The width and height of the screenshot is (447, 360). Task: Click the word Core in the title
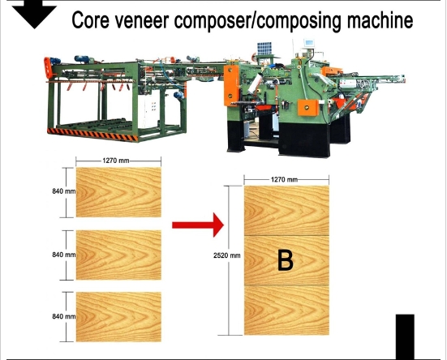click(x=90, y=20)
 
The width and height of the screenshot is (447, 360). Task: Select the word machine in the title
click(x=380, y=19)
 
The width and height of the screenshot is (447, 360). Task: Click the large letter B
click(x=285, y=260)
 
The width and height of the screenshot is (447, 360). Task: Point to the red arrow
click(x=198, y=225)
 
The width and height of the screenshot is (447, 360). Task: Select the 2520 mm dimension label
click(x=226, y=255)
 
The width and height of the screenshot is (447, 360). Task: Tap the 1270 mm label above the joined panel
click(x=284, y=179)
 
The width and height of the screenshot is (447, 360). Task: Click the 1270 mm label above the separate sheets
click(x=116, y=161)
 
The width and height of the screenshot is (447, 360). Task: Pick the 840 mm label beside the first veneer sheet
click(x=64, y=191)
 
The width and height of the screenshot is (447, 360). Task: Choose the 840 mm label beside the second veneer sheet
click(x=64, y=255)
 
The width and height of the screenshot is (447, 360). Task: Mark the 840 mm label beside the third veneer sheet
click(x=64, y=316)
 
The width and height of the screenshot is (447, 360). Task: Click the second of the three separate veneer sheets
click(x=118, y=255)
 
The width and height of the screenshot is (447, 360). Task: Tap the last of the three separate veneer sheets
click(x=118, y=317)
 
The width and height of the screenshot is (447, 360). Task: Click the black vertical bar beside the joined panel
click(x=405, y=337)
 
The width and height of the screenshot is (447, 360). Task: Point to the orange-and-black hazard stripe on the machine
click(x=92, y=135)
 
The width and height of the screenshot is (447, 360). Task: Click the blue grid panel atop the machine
click(x=264, y=49)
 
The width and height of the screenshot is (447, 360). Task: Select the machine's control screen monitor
click(x=309, y=43)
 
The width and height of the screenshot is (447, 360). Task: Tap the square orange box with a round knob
click(x=308, y=107)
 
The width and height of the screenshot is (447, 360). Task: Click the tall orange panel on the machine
click(x=231, y=86)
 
